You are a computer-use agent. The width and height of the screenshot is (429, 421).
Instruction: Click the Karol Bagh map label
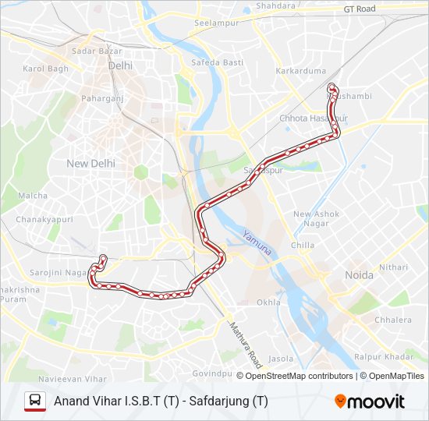(46, 69)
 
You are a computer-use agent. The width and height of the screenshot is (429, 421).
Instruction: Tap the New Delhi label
(90, 164)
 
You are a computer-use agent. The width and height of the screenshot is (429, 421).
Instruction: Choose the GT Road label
(360, 9)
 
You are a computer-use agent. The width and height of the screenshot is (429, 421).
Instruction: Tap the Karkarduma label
(300, 71)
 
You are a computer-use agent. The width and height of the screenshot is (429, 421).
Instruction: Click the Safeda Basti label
(212, 62)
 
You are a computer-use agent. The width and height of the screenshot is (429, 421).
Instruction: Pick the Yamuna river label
(256, 243)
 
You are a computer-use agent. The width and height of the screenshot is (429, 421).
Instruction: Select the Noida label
(360, 275)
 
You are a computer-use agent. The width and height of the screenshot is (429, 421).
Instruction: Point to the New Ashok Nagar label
(316, 219)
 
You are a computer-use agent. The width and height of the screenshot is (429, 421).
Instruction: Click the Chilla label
(303, 246)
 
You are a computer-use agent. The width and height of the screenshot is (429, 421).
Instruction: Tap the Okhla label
(268, 302)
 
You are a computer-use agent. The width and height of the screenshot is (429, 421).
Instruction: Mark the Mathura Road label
(245, 346)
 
